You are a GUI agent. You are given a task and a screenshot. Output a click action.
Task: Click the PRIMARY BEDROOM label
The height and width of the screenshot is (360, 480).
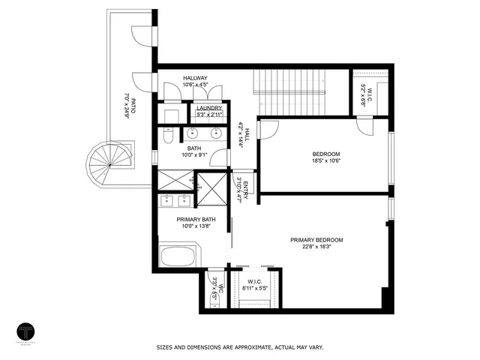click(316, 240)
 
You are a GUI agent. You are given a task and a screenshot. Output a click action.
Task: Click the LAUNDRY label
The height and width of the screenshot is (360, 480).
click(208, 109)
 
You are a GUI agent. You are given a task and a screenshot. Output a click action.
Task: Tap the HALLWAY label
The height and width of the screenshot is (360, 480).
click(195, 78)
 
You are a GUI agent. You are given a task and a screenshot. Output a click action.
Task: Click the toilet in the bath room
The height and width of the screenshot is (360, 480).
click(168, 138)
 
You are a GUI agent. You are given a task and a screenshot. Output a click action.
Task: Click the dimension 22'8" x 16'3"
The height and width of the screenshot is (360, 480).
click(316, 247)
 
